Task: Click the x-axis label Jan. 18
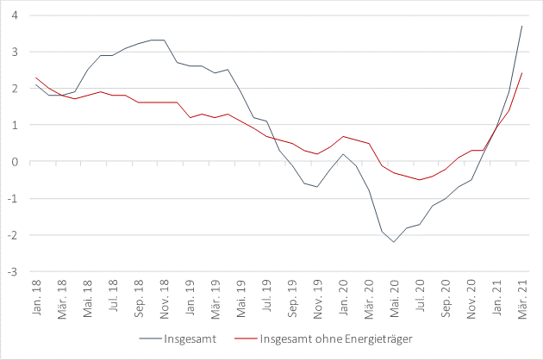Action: coord(37,295)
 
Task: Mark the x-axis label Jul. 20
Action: coord(420,295)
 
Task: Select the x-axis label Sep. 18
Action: coord(139,295)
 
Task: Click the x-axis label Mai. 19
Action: coord(241,295)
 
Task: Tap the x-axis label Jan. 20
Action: coord(343,295)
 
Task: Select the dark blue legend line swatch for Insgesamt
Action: coord(152,337)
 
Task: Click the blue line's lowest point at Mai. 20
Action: coord(394,242)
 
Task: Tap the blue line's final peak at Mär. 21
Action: coord(521,26)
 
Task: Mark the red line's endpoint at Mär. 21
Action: coord(521,73)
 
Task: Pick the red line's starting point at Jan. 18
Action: coord(36,78)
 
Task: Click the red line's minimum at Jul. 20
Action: coord(420,180)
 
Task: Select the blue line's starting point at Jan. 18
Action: coord(36,84)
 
